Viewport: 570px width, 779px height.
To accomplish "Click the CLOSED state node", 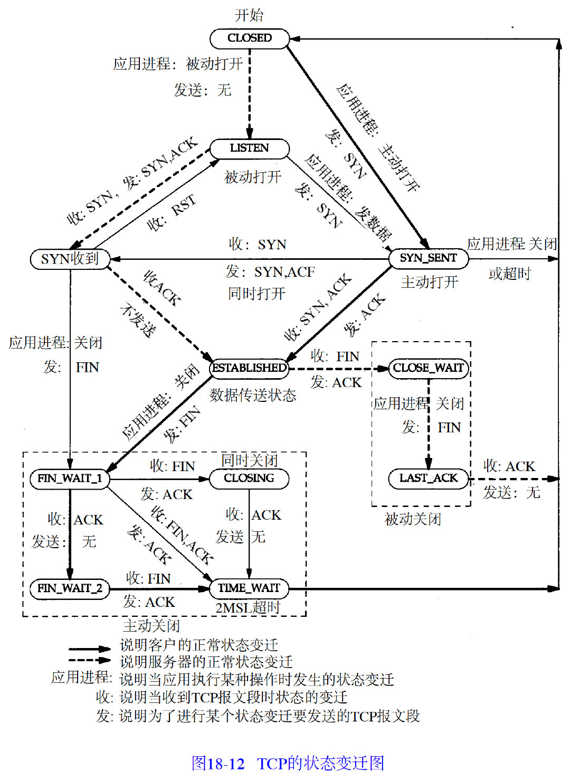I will click(x=250, y=38).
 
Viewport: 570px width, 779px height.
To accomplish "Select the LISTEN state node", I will click(x=250, y=148).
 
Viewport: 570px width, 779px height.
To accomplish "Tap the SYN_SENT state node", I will click(x=428, y=258).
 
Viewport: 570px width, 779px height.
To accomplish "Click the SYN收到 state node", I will click(x=70, y=259).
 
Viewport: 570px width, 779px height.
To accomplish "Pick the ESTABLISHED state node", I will click(x=249, y=368).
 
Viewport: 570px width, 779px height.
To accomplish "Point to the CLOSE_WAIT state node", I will click(x=429, y=368).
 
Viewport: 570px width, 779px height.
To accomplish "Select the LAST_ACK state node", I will click(x=429, y=478).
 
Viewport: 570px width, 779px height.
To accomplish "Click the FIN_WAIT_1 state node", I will click(x=70, y=478).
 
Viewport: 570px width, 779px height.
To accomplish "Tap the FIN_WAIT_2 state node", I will click(x=70, y=588).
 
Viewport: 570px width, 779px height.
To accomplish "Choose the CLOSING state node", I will click(x=249, y=478).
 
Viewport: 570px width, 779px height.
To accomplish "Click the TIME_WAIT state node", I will click(x=249, y=588).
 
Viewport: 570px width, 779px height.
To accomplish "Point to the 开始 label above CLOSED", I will click(x=249, y=15).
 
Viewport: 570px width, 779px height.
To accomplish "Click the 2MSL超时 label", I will click(x=248, y=608).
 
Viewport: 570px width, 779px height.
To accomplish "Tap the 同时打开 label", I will click(x=256, y=293).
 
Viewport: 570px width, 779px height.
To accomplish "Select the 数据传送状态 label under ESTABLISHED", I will click(x=253, y=395).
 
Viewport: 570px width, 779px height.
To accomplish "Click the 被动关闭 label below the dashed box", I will click(x=413, y=519).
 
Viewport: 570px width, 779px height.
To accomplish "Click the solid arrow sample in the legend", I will click(x=89, y=649).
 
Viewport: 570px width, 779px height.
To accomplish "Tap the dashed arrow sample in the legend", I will click(x=89, y=660).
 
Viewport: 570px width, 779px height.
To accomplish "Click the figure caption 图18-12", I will click(x=218, y=763).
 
